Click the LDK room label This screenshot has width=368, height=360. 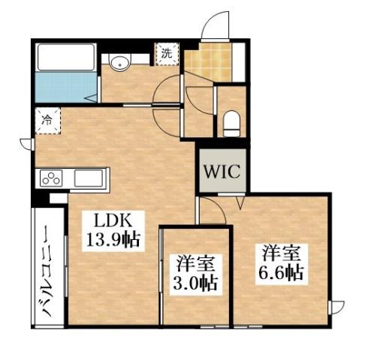click(113, 221)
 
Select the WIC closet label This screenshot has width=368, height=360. click(220, 171)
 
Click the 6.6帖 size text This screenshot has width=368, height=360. click(282, 272)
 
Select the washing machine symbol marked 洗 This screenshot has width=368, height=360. click(167, 52)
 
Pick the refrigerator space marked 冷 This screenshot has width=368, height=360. click(47, 119)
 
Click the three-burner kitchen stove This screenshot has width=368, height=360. click(53, 179)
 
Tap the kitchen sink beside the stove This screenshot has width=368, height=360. click(89, 180)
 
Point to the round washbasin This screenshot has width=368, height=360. click(119, 64)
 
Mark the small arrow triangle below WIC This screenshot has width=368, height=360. click(240, 202)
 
